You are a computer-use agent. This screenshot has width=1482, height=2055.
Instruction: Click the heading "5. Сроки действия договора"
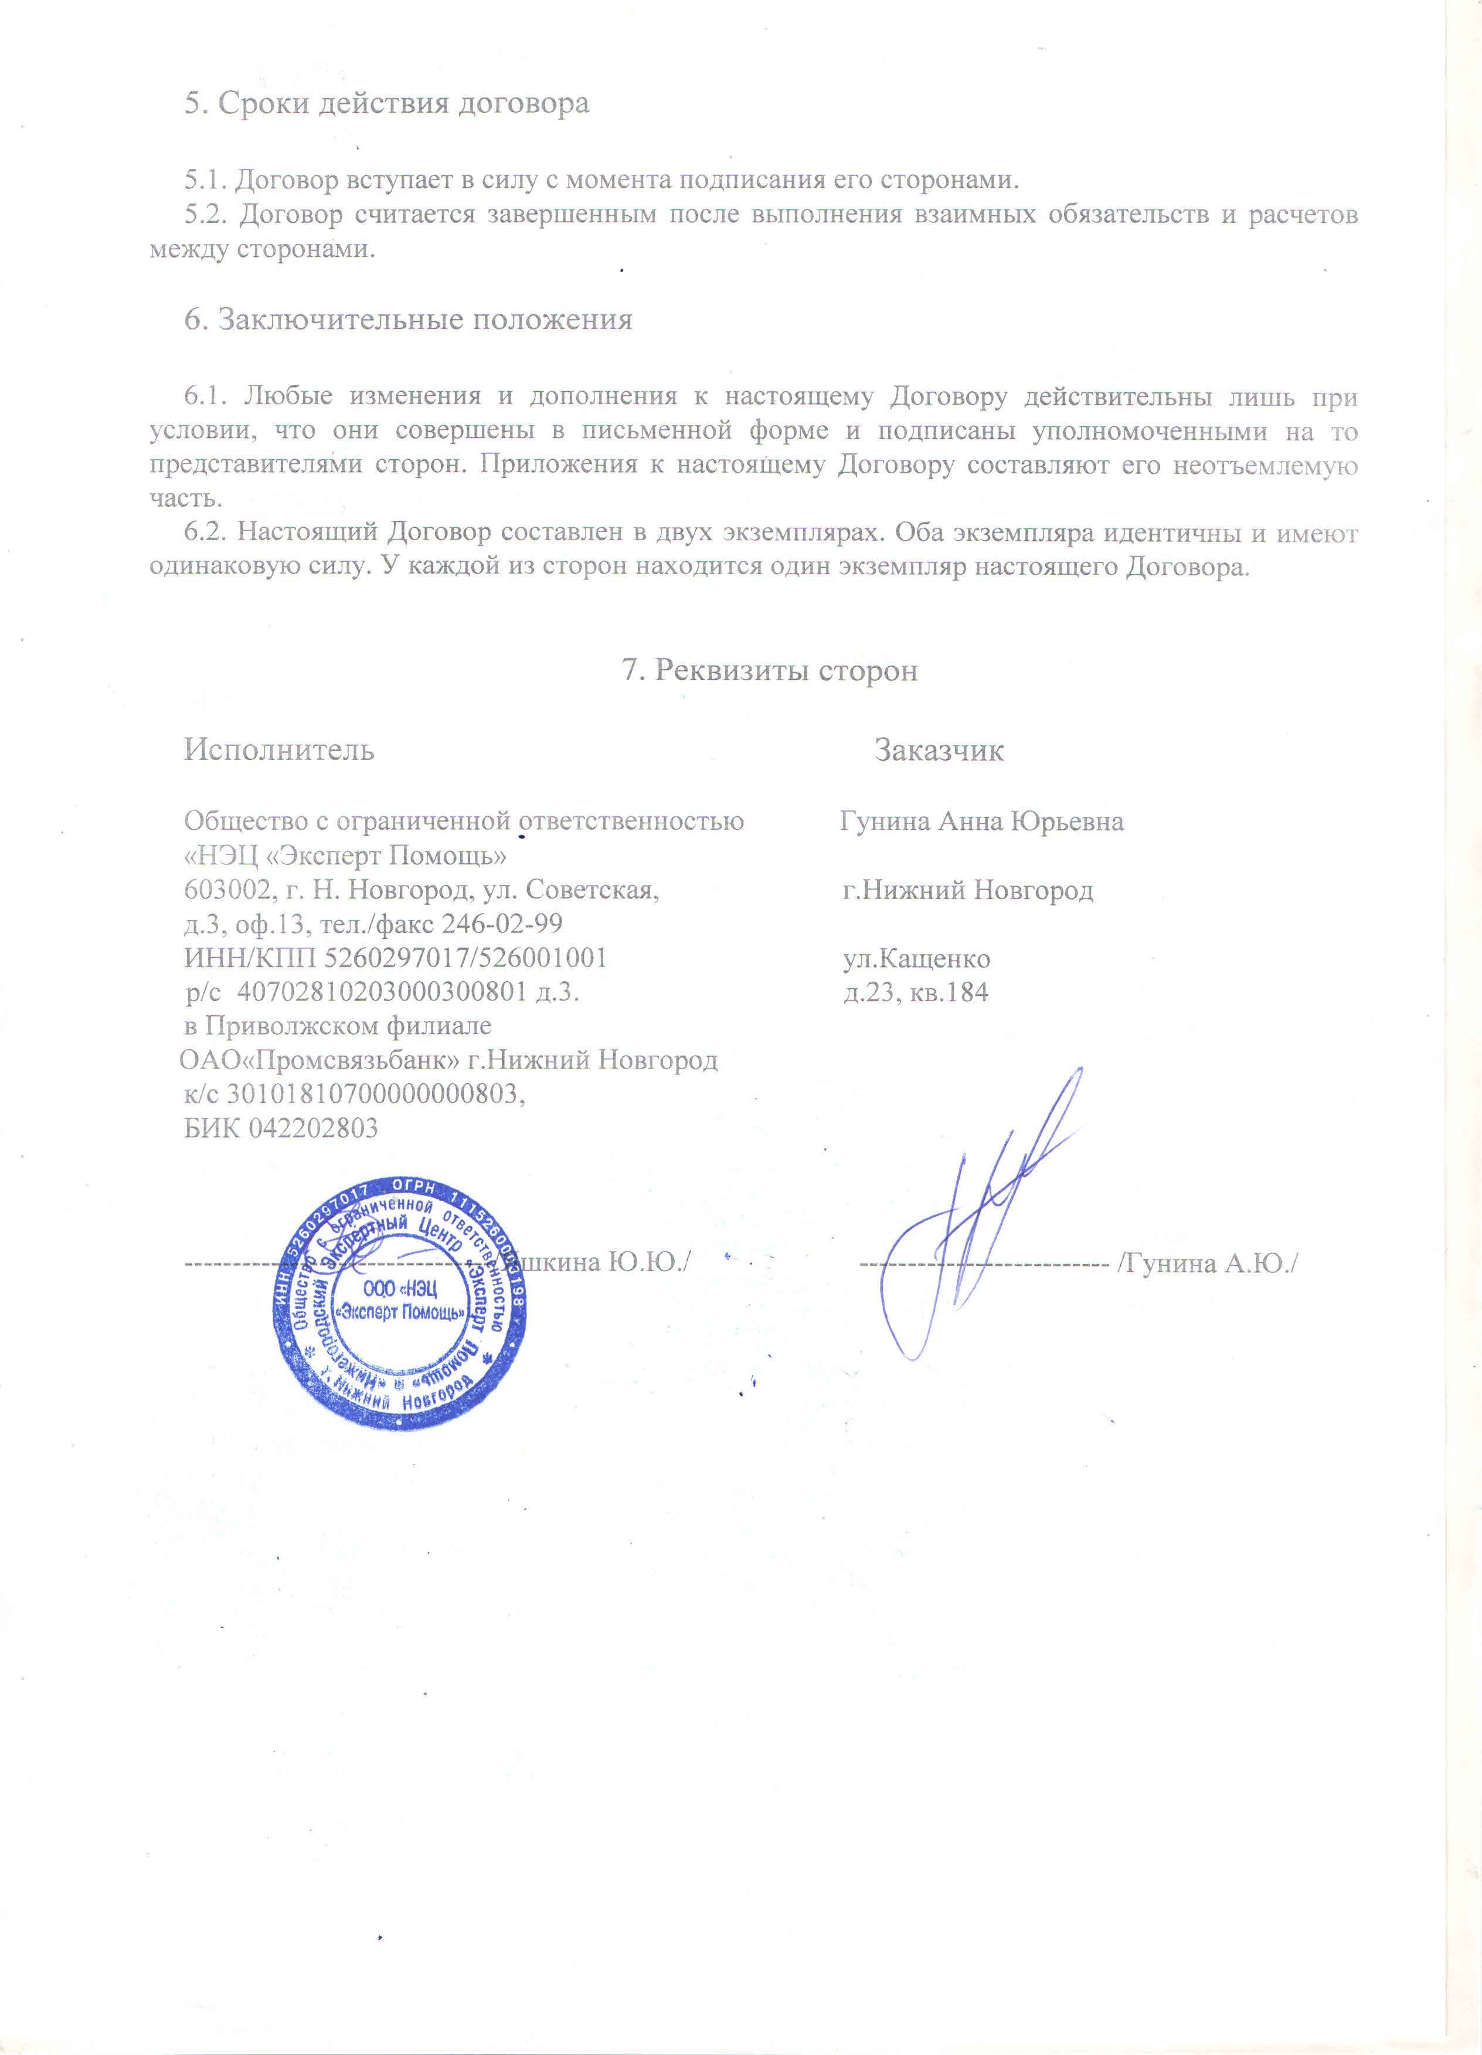click(x=387, y=103)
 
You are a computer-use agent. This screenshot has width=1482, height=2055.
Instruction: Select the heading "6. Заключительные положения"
click(x=409, y=320)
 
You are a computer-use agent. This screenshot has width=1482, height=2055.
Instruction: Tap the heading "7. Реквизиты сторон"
click(x=769, y=670)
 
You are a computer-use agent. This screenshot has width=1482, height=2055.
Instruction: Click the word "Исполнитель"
click(x=279, y=750)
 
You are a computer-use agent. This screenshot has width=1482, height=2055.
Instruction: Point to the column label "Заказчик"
click(x=939, y=750)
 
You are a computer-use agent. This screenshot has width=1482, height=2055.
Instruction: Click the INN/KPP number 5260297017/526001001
click(x=465, y=958)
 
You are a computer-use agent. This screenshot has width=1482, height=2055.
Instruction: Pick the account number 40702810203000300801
click(x=382, y=992)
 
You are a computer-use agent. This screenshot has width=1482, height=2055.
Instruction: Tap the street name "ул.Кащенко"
click(x=916, y=959)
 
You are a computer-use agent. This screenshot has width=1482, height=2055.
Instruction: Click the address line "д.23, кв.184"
click(x=916, y=993)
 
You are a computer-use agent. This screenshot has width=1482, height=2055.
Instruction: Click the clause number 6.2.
click(x=204, y=533)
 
